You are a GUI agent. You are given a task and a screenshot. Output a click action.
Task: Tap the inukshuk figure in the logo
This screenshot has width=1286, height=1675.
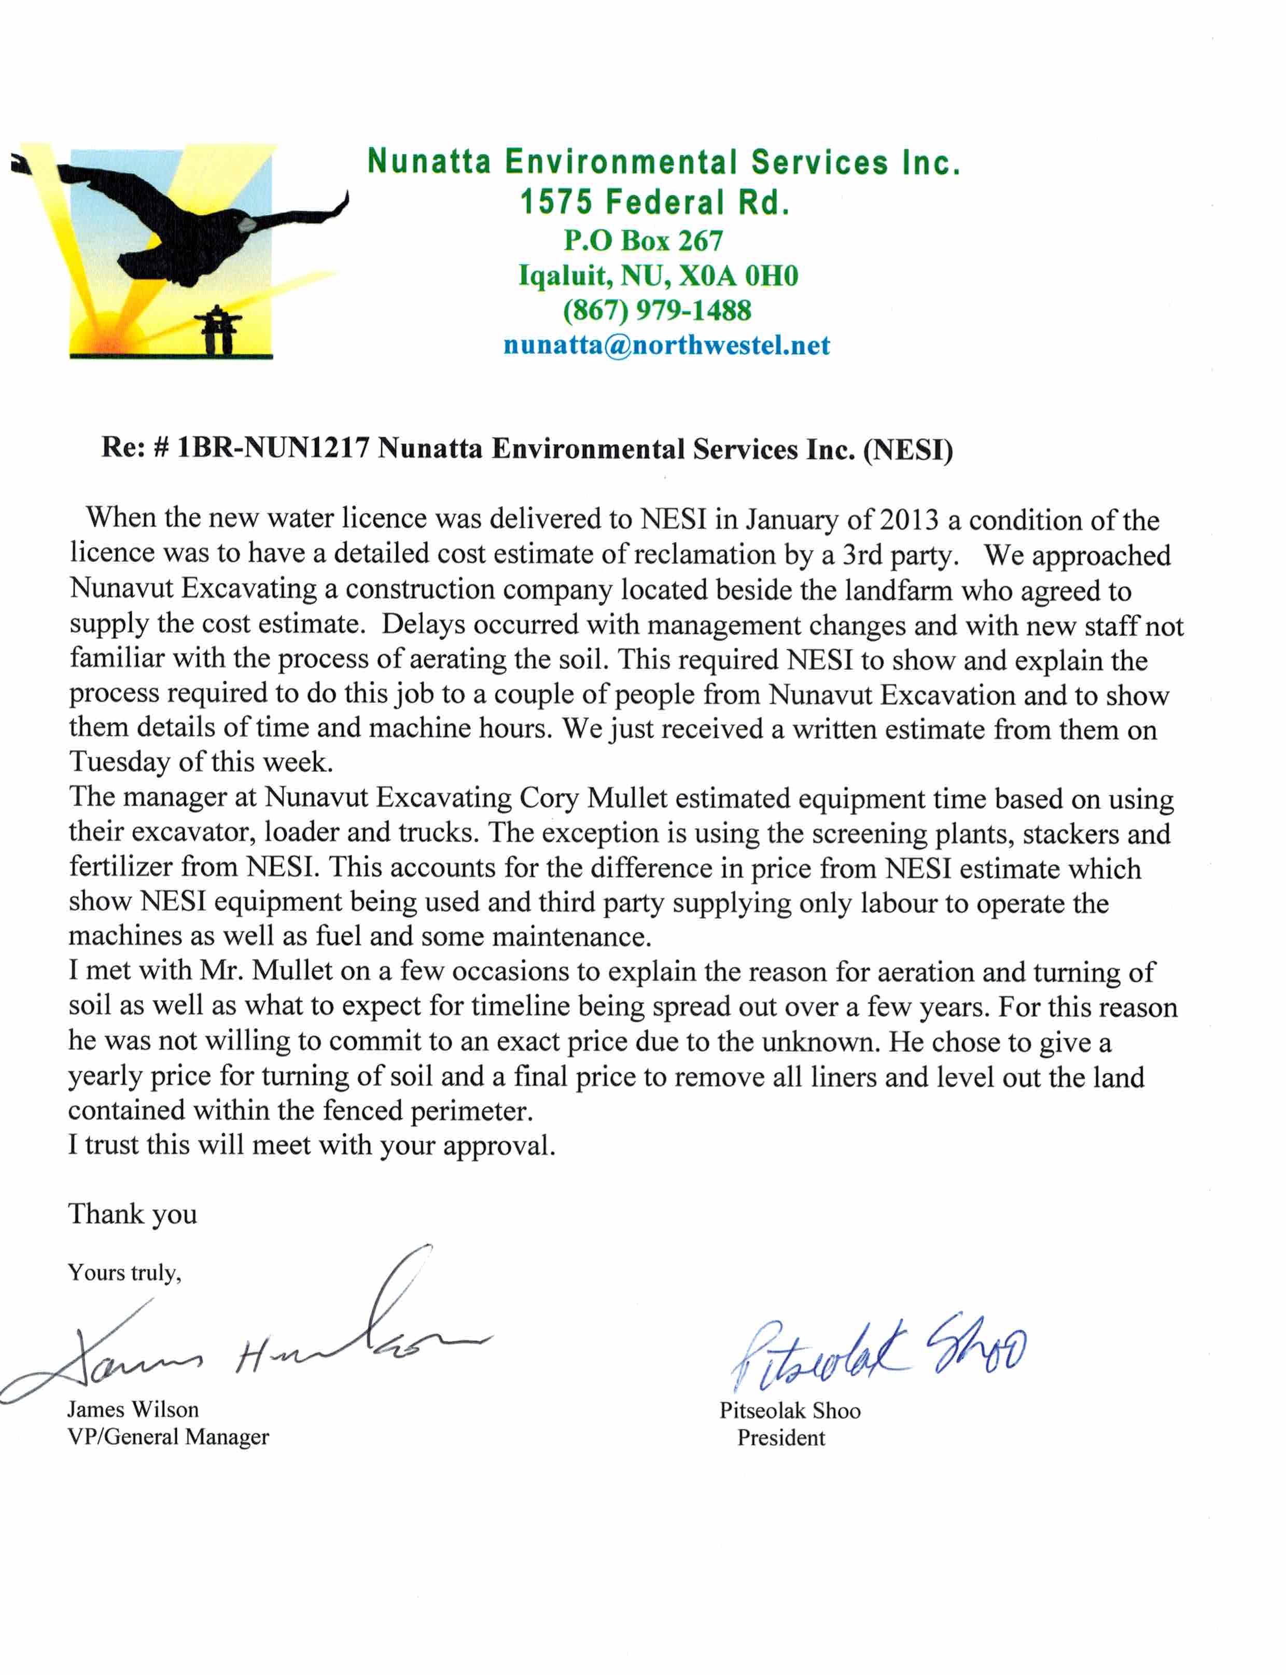pyautogui.click(x=220, y=330)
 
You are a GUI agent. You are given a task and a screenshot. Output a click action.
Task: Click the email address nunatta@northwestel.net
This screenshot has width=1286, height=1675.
pyautogui.click(x=666, y=345)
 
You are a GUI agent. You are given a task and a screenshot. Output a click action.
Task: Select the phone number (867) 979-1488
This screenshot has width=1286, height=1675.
pyautogui.click(x=657, y=310)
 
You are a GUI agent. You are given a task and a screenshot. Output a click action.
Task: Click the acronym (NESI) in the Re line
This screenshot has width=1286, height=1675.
pyautogui.click(x=908, y=449)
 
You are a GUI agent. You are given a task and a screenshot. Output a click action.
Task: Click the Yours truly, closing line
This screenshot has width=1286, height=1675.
pyautogui.click(x=124, y=1272)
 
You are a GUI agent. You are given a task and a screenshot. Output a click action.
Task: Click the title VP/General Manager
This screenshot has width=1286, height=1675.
pyautogui.click(x=169, y=1437)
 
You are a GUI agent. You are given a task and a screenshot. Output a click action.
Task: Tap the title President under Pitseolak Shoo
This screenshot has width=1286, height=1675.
pyautogui.click(x=781, y=1438)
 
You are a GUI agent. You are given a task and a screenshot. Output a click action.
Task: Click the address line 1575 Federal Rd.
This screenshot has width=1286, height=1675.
pyautogui.click(x=654, y=203)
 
